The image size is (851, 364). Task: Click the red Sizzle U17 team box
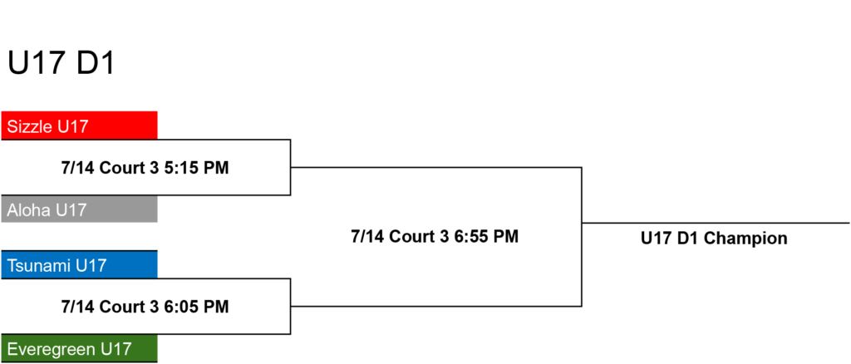(x=79, y=125)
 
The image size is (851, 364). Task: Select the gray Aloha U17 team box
(x=79, y=209)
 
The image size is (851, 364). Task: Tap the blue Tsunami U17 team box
(x=79, y=265)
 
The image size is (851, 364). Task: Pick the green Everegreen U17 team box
(x=79, y=348)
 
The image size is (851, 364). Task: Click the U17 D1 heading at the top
(x=61, y=64)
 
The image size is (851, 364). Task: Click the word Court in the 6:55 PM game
(x=413, y=237)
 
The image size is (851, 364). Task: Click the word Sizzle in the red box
(x=31, y=127)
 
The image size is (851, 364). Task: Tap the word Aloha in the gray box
(x=29, y=209)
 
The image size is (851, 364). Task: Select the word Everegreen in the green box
(x=52, y=349)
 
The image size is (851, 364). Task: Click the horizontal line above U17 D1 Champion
(x=716, y=223)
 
